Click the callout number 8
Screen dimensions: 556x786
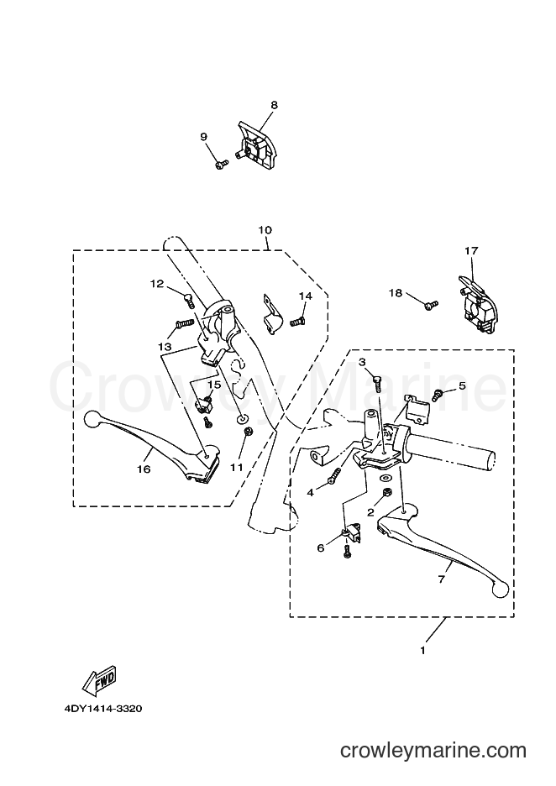click(274, 105)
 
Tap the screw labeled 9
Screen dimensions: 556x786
click(222, 164)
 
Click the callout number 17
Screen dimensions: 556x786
click(471, 250)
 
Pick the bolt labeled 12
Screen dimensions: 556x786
click(190, 301)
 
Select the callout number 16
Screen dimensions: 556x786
click(144, 469)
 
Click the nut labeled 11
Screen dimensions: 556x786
click(247, 432)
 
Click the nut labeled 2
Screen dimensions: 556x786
click(387, 493)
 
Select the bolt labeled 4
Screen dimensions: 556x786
click(335, 476)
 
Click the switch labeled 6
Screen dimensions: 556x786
click(353, 534)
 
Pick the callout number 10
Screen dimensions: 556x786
click(265, 230)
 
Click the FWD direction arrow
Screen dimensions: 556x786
click(99, 680)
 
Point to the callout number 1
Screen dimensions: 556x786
click(422, 651)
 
